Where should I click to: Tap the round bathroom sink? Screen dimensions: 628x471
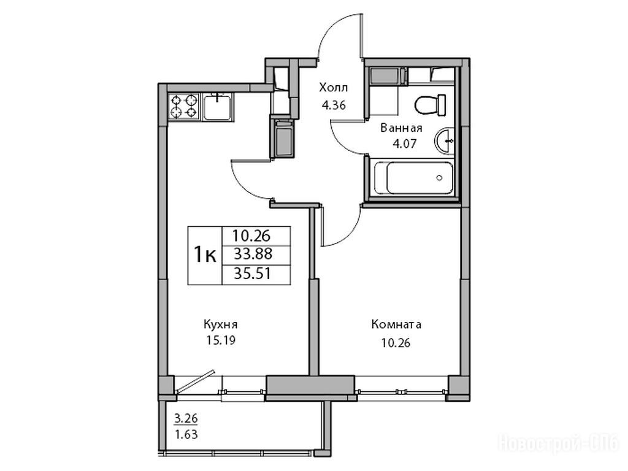click(444, 140)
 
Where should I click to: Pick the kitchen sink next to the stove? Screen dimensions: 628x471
click(216, 107)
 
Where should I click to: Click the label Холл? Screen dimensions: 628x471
click(333, 87)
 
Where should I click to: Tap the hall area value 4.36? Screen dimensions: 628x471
click(333, 105)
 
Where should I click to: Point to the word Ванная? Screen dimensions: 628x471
click(401, 128)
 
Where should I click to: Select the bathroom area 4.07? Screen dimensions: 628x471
click(405, 143)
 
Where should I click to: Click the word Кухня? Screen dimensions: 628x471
click(221, 324)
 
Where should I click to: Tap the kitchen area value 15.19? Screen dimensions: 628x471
click(221, 340)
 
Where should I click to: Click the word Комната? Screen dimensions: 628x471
click(396, 324)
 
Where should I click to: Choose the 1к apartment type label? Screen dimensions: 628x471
click(205, 255)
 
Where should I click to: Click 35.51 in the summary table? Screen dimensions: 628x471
click(252, 274)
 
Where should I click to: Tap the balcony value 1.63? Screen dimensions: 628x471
click(186, 434)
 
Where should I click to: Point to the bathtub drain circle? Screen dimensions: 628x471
click(440, 178)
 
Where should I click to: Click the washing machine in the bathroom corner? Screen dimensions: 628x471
click(386, 77)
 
